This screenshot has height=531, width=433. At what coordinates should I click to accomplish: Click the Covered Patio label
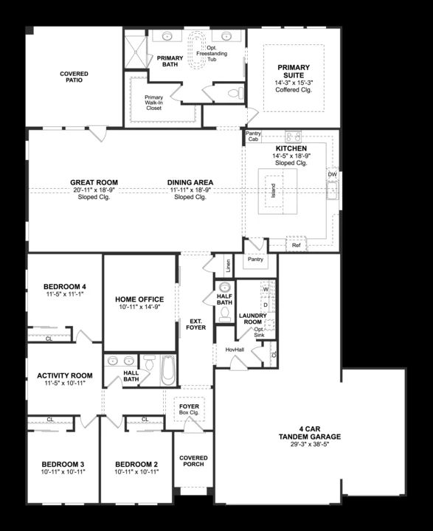pyautogui.click(x=74, y=77)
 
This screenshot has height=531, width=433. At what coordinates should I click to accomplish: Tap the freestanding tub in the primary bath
pyautogui.click(x=196, y=50)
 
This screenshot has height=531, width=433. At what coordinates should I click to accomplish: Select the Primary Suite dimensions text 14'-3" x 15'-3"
pyautogui.click(x=294, y=83)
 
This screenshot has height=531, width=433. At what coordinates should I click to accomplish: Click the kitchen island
pyautogui.click(x=277, y=191)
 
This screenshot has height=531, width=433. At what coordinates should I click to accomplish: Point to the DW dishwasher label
pyautogui.click(x=333, y=174)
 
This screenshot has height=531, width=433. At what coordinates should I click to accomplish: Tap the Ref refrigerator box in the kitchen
pyautogui.click(x=296, y=245)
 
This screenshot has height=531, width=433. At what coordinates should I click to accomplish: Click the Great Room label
pyautogui.click(x=94, y=183)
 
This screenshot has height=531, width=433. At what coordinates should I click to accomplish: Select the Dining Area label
pyautogui.click(x=190, y=183)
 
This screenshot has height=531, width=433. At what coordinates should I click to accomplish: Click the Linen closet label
pyautogui.click(x=229, y=265)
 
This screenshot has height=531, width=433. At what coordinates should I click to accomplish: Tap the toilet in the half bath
pyautogui.click(x=224, y=316)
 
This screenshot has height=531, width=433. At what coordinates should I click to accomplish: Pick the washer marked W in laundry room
pyautogui.click(x=266, y=289)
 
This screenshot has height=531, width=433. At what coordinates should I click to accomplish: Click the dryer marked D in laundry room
pyautogui.click(x=266, y=305)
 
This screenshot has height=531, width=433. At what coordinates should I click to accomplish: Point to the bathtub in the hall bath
pyautogui.click(x=168, y=369)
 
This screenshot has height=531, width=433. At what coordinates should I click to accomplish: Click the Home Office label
pyautogui.click(x=139, y=299)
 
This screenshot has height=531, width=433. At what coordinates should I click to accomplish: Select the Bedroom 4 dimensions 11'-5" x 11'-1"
pyautogui.click(x=65, y=294)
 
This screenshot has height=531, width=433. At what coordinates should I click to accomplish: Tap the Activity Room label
pyautogui.click(x=65, y=375)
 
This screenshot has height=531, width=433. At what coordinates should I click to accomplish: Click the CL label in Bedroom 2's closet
pyautogui.click(x=145, y=419)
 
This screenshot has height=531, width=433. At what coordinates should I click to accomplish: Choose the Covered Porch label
pyautogui.click(x=193, y=461)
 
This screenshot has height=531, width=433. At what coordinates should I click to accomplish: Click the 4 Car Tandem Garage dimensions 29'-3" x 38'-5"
pyautogui.click(x=310, y=444)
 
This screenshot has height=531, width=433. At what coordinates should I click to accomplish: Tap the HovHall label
pyautogui.click(x=235, y=350)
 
